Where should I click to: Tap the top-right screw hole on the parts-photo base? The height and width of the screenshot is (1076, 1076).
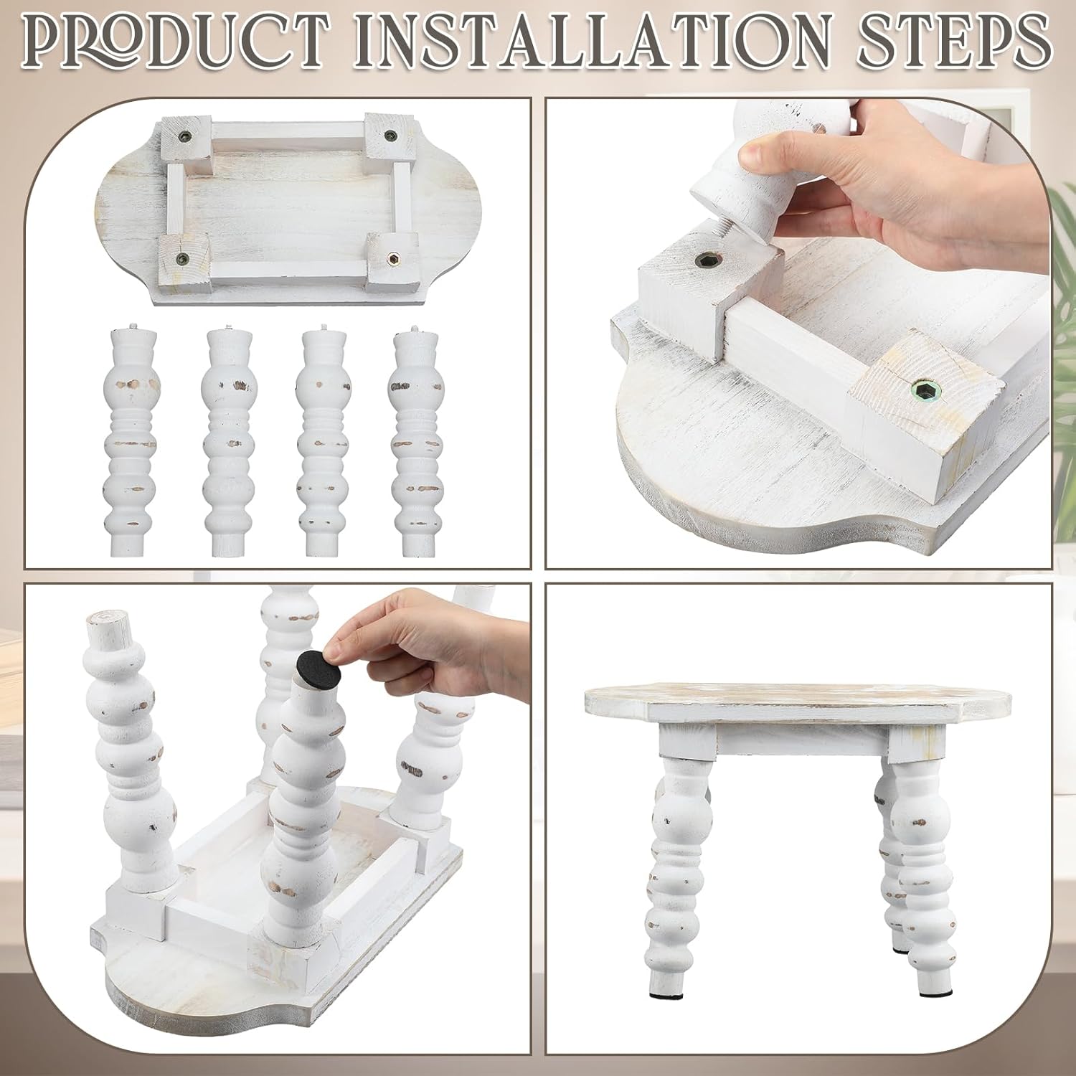point(391,135)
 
